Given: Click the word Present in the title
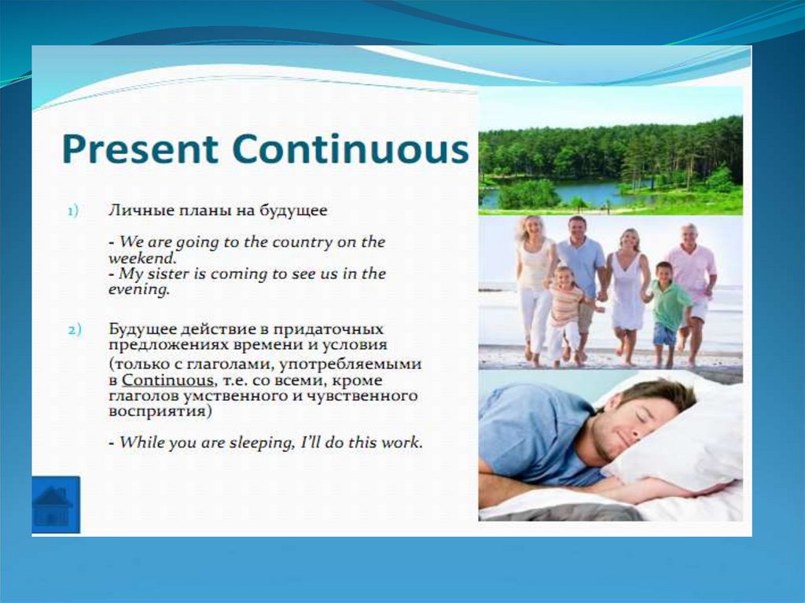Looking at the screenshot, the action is (140, 149).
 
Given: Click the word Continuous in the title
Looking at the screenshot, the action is (350, 149).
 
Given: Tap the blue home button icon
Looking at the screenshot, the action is (56, 505).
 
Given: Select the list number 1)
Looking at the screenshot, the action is (73, 211).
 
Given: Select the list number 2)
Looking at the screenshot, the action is (75, 329).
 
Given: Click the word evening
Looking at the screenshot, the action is (138, 289).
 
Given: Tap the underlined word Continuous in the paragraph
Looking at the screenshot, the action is (167, 381).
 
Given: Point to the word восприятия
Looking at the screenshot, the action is (160, 412).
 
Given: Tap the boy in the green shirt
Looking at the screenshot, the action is (667, 314).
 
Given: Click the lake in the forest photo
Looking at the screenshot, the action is (570, 193).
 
